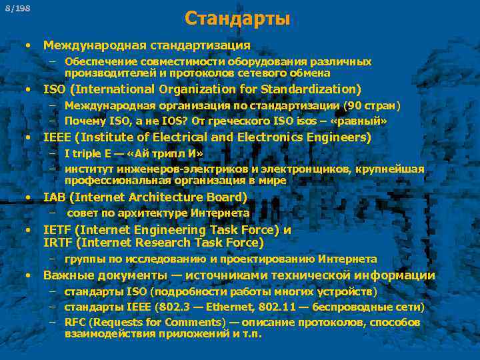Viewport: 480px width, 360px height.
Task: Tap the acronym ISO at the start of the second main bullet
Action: pyautogui.click(x=55, y=89)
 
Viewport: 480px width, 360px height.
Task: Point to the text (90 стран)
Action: pyautogui.click(x=371, y=105)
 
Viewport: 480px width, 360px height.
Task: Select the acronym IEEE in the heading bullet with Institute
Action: pyautogui.click(x=57, y=137)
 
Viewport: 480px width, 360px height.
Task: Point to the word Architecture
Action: pyautogui.click(x=159, y=197)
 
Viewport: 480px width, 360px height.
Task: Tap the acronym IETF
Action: pyautogui.click(x=58, y=230)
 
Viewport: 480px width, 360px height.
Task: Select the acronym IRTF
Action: pyautogui.click(x=58, y=243)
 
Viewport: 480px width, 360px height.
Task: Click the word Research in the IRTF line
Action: pyautogui.click(x=160, y=243)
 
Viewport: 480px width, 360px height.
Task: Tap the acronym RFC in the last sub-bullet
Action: pyautogui.click(x=76, y=322)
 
